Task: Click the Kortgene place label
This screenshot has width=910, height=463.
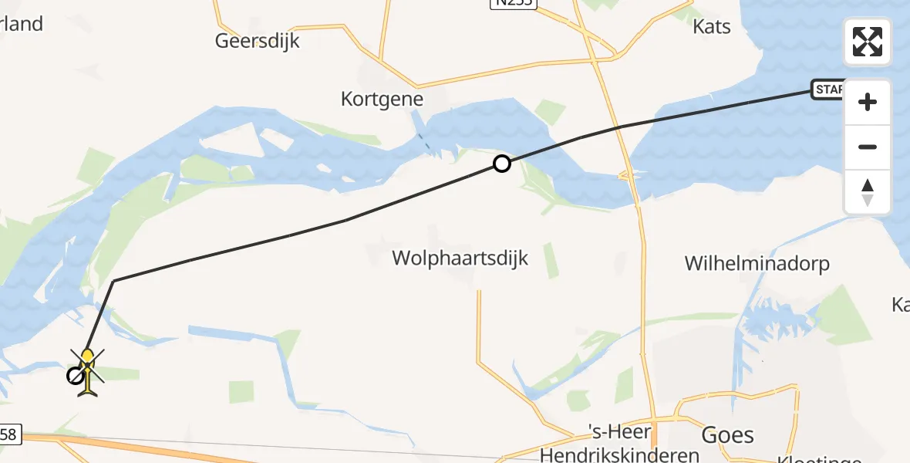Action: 383,99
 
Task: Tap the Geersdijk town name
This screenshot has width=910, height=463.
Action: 258,40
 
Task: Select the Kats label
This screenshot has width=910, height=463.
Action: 712,26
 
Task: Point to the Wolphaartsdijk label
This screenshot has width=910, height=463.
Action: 460,258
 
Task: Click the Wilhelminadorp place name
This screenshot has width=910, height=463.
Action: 757,264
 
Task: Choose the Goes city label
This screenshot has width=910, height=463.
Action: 727,435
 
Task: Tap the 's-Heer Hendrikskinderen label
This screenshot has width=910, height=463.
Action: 621,444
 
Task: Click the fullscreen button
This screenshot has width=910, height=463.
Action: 868,42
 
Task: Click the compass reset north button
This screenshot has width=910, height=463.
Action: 868,192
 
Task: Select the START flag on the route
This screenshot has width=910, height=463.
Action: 828,90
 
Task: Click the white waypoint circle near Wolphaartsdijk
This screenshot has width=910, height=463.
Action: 502,164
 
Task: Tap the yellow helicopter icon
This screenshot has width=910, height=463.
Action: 89,372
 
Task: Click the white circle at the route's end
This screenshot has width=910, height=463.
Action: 75,376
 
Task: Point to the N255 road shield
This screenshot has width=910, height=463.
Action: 512,4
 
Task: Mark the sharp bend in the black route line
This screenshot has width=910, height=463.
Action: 113,282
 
